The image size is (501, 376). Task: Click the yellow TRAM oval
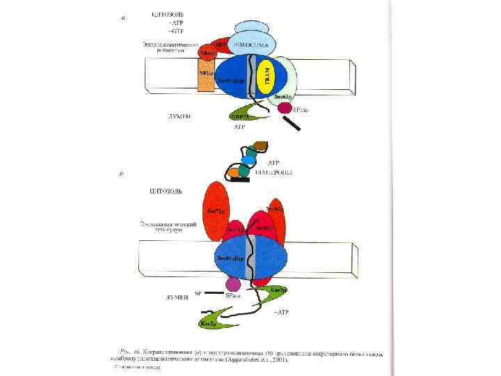(266, 77)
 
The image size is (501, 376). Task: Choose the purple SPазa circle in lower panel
(233, 284)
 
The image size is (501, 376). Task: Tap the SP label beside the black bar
(197, 294)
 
